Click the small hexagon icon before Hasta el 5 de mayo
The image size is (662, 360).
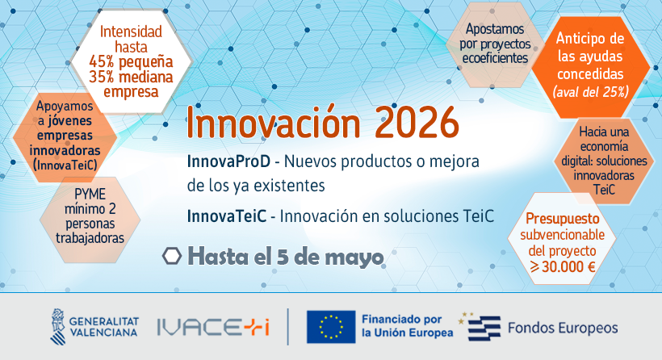tap(171, 257)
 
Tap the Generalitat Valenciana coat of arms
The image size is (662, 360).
tap(60, 325)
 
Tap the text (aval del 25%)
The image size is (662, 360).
tap(590, 91)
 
